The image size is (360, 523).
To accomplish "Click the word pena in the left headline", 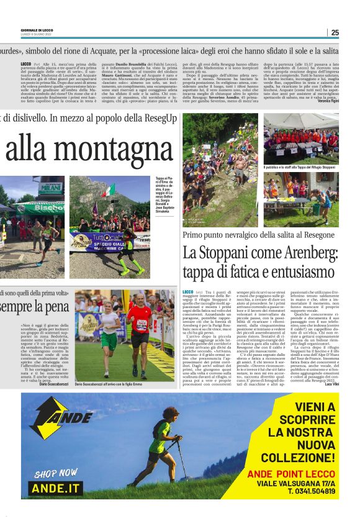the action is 49,306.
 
